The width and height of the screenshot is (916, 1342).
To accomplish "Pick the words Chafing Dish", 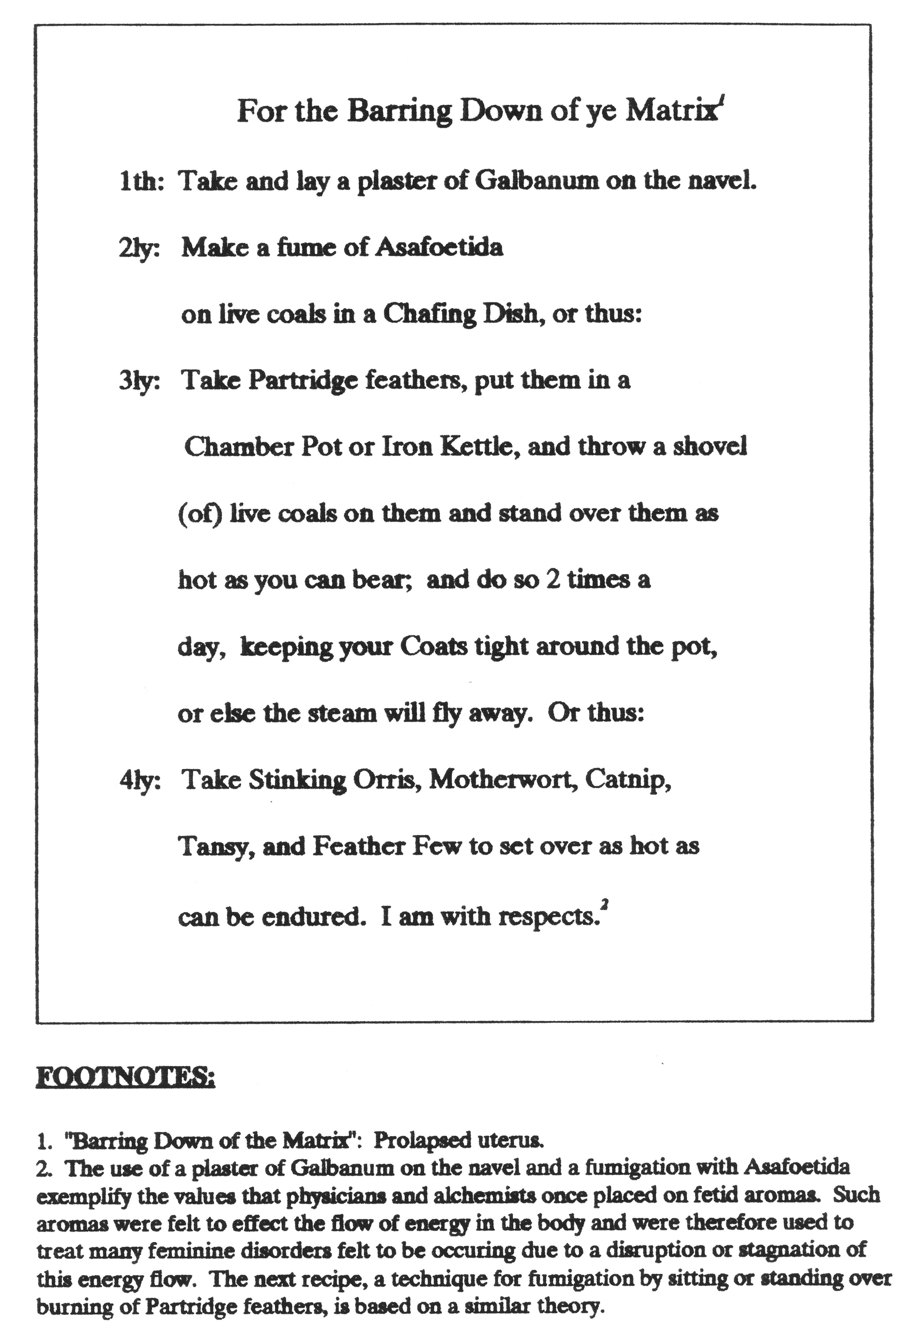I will (461, 315).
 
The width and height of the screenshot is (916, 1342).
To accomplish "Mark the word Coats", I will (434, 647).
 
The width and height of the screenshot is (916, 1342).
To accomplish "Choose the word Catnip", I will (628, 781).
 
